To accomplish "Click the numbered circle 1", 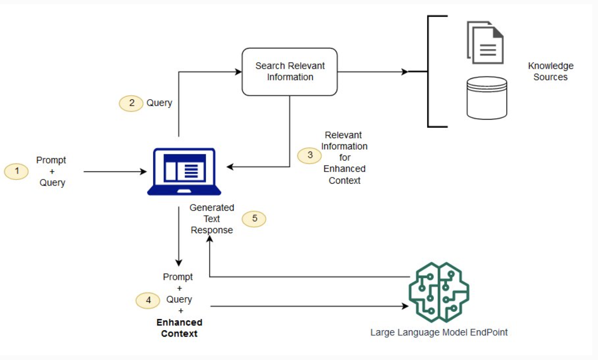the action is pos(16,171).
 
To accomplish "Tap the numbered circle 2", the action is pos(131,103).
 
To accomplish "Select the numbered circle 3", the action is pos(309,155).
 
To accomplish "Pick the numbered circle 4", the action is pos(148,301).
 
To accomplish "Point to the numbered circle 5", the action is pos(254,219).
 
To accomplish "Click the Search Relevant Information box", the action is pos(290,72).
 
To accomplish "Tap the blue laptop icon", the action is pos(184,172).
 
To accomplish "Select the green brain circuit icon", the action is pos(439,292).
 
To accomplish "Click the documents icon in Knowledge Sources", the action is pos(485,42).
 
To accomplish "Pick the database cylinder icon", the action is pos(487,98).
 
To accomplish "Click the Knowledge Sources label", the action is pos(551,71).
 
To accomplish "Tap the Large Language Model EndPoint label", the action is pos(439,333).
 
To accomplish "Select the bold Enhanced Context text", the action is pos(179,328).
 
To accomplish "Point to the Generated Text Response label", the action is pos(212,219).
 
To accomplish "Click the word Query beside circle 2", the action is pos(159,103).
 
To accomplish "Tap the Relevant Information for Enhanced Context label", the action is pos(345,158).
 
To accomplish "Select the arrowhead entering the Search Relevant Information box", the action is pos(238,72).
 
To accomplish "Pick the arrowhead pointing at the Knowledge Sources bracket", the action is pos(405,72).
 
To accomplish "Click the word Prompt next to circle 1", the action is pos(51,160).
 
